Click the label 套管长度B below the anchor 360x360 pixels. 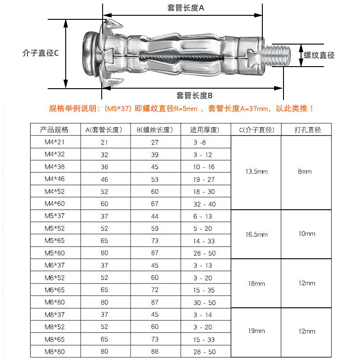click(x=194, y=95)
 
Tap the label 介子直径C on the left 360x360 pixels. click(x=40, y=53)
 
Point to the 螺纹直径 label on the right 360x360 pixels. click(x=319, y=55)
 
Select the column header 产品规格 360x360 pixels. click(x=54, y=130)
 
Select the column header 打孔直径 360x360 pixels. click(x=308, y=130)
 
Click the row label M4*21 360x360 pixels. click(x=54, y=142)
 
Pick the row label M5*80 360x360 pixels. click(x=54, y=253)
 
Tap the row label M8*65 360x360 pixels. click(x=54, y=339)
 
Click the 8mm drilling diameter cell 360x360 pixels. click(x=305, y=172)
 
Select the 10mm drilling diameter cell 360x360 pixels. click(x=306, y=234)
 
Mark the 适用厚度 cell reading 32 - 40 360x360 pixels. click(x=205, y=204)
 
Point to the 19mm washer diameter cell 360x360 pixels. click(x=256, y=331)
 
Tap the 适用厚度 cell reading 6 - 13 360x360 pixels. click(x=202, y=216)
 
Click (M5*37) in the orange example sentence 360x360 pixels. click(x=117, y=109)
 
